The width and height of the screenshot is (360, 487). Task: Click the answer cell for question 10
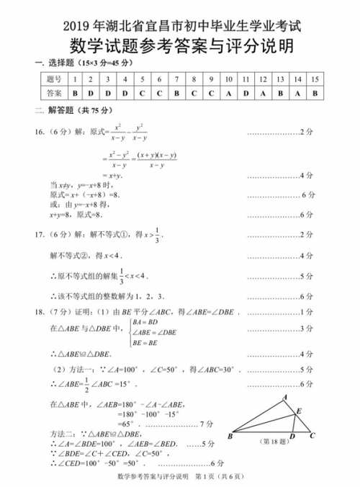point(227,94)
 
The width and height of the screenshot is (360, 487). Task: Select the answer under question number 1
point(74,94)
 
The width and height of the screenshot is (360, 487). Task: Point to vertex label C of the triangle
point(312,436)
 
